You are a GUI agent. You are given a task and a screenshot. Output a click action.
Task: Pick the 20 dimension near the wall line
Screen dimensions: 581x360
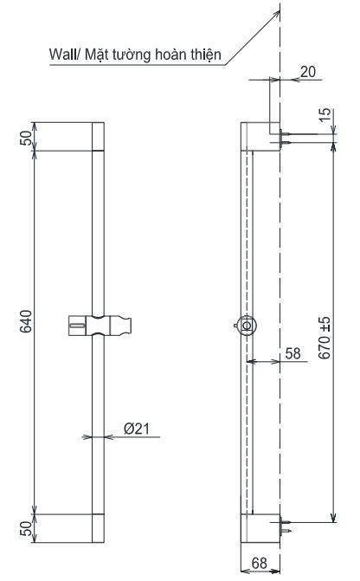[x=309, y=73]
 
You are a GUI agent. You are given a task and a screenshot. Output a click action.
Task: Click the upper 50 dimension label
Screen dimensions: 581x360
[x=25, y=138]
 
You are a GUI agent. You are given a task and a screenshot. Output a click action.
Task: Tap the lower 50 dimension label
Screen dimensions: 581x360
[x=25, y=526]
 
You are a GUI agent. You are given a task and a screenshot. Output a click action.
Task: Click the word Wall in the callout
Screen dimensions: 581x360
[x=62, y=56]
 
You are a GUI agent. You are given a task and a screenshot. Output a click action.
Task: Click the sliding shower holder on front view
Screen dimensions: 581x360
[x=97, y=326]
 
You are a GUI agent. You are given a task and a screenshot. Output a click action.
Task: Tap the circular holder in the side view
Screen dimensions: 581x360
[x=247, y=326]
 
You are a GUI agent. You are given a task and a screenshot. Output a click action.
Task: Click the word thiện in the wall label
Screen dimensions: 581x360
[x=205, y=56]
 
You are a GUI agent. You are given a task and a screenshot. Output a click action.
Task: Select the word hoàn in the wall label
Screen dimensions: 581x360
[x=171, y=56]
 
